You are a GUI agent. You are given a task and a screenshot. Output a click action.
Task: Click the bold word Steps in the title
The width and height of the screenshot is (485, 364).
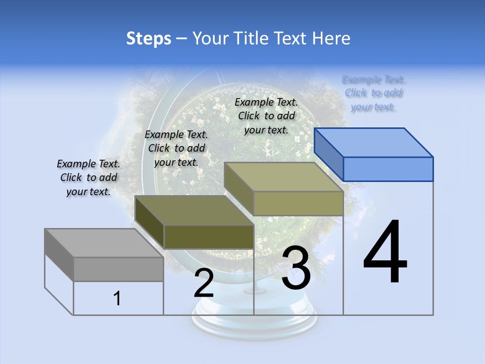click(149, 38)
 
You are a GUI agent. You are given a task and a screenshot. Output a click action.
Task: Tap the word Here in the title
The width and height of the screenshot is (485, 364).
click(331, 38)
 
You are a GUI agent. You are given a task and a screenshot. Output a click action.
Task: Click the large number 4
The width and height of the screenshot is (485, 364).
click(385, 253)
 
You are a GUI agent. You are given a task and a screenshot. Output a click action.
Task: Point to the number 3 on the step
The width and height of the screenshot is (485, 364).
click(296, 268)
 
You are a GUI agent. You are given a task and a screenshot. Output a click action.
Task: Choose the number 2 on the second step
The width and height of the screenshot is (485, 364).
click(204, 284)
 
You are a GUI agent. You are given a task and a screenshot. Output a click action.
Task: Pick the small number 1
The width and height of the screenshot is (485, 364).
click(117, 299)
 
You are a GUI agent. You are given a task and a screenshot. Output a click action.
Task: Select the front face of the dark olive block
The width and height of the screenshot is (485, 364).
click(209, 237)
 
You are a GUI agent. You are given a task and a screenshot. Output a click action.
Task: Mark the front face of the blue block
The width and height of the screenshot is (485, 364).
click(388, 169)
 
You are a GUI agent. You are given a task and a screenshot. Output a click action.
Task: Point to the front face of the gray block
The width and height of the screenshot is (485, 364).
click(118, 269)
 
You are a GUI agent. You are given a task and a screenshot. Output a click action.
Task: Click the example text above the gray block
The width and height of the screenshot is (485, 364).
click(88, 177)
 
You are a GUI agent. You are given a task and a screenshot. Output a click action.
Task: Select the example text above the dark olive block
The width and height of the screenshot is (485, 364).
click(176, 148)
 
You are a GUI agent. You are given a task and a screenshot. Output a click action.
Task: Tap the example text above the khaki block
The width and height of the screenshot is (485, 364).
click(266, 116)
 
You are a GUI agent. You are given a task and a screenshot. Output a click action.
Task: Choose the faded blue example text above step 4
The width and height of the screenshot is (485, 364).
click(373, 93)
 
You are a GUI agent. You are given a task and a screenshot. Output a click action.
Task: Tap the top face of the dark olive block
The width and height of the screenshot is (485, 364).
click(194, 210)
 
